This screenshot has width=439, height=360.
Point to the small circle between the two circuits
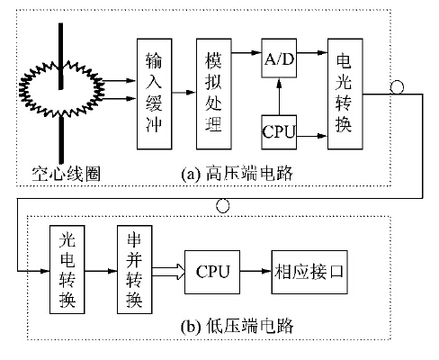click(x=223, y=206)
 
